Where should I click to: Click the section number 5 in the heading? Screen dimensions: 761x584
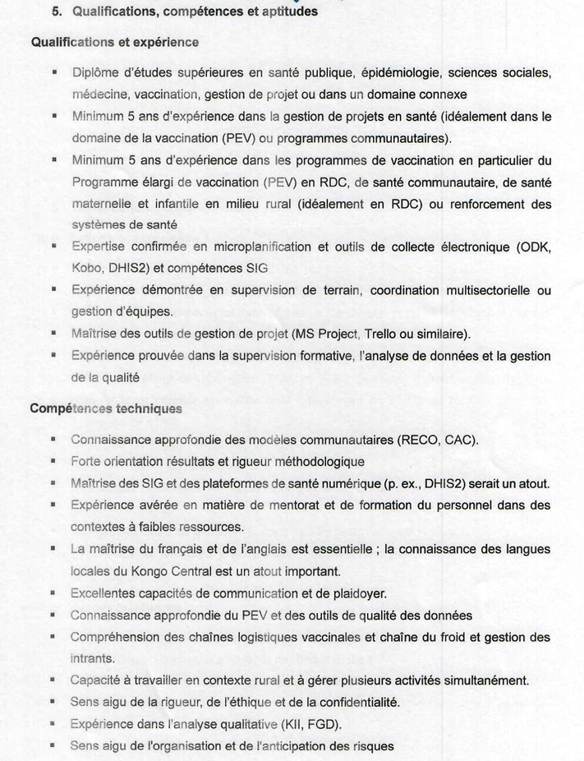57,12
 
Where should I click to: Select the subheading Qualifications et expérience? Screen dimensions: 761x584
114,42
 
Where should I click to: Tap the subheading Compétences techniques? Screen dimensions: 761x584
106,408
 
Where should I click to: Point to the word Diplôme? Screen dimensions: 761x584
96,72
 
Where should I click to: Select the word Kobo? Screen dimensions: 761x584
86,268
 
